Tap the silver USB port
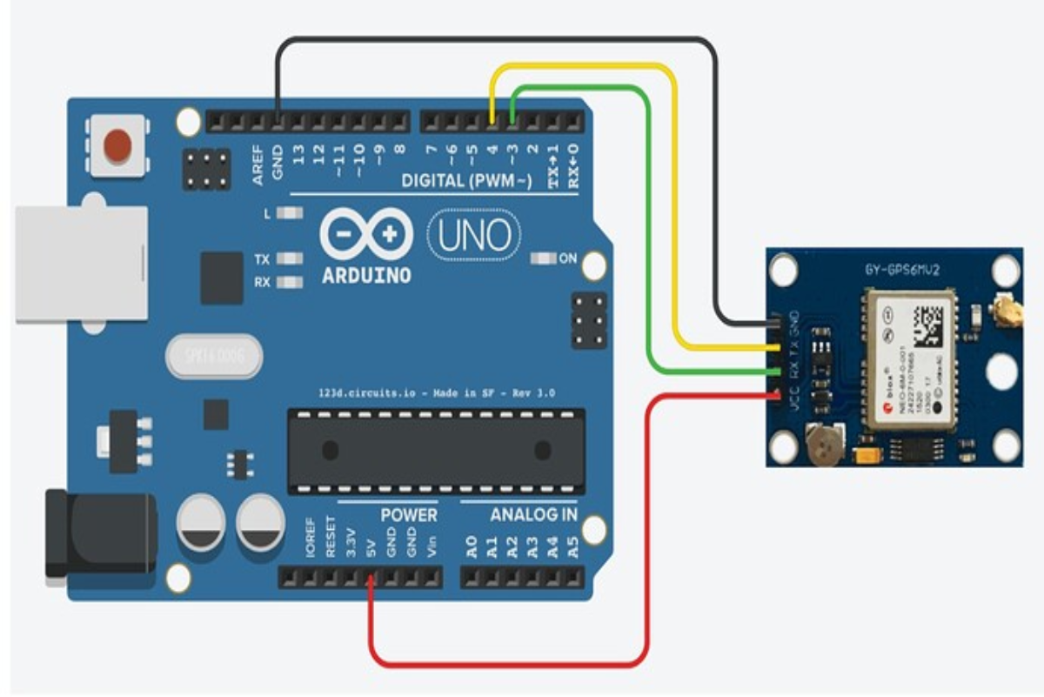coord(80,264)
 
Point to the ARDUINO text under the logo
coord(365,275)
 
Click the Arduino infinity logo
coord(366,233)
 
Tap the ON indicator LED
coord(544,258)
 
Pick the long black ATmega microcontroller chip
coord(436,450)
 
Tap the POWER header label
coord(408,514)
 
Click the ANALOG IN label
coord(533,514)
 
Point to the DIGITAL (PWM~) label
coord(466,181)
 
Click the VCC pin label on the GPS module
coord(793,406)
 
